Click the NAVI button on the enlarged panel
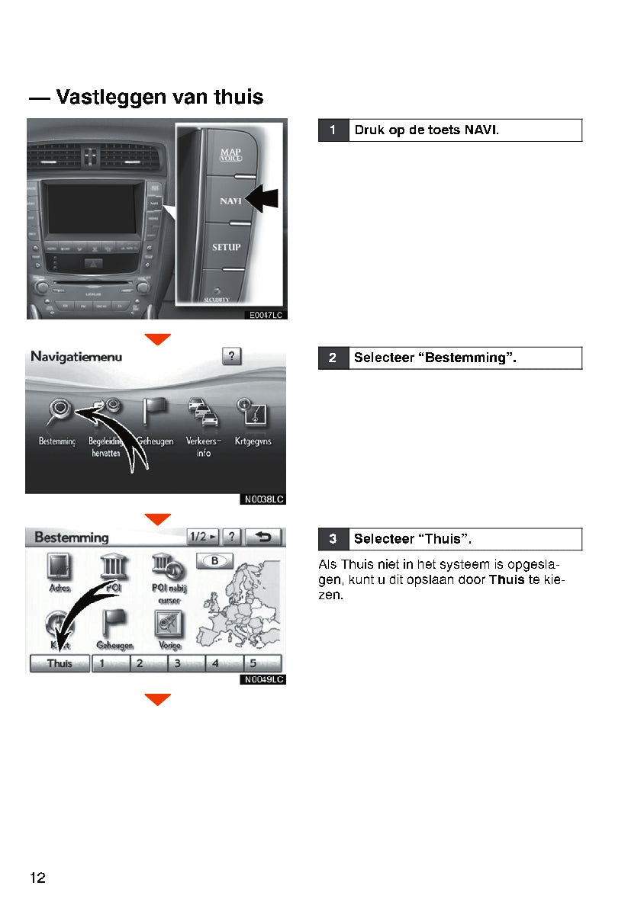point(230,201)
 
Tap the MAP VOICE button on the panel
point(230,155)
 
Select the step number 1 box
point(333,130)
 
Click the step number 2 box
point(333,358)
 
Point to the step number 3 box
point(333,539)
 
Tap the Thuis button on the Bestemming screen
point(60,663)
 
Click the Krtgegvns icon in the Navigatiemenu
point(253,412)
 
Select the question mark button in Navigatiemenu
point(232,356)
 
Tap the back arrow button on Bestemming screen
point(263,537)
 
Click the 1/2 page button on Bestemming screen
point(202,537)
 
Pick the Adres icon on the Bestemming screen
point(60,568)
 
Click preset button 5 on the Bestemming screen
point(262,663)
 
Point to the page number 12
point(38,878)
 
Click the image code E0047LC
point(266,314)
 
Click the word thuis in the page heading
point(238,98)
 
